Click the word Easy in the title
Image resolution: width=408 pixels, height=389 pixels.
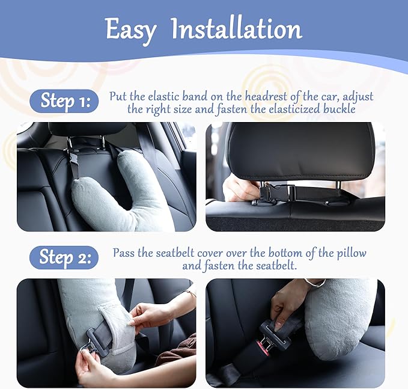click(130, 29)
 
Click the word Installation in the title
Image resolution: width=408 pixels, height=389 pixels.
click(236, 29)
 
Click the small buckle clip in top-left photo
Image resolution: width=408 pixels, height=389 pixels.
click(75, 164)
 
